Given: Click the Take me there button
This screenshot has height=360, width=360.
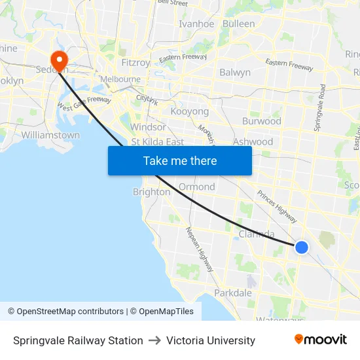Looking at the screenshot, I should (180, 160).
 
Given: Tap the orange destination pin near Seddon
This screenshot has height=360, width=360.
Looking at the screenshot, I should (59, 61).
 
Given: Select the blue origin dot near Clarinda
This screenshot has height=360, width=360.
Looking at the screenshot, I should (301, 247).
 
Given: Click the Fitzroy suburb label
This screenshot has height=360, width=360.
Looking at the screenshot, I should (136, 63).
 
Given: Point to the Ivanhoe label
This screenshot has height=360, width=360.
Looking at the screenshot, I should (196, 24).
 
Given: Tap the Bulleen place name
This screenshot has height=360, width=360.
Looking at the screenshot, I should (239, 24).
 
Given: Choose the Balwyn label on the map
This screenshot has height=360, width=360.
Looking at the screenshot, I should (235, 73).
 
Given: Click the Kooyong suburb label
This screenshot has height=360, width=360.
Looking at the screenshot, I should (190, 111).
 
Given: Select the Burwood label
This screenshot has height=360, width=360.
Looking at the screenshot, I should (262, 121).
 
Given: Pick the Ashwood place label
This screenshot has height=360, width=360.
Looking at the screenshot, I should (253, 141).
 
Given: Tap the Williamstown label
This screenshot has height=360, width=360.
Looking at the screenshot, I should (50, 135).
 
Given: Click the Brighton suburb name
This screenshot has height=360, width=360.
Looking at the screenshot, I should (151, 192).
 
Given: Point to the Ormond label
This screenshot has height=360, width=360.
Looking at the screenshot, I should (196, 187).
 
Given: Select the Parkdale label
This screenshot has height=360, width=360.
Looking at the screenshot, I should (233, 293).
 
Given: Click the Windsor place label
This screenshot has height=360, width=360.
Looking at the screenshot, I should (149, 126).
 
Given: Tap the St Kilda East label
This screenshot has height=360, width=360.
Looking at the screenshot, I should (158, 141).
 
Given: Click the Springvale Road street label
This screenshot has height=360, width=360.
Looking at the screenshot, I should (319, 108).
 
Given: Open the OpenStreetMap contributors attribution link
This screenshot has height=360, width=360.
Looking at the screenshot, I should (70, 312).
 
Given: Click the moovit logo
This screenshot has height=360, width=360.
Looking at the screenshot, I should (321, 340).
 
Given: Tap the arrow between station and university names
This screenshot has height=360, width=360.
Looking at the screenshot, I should (155, 340).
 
